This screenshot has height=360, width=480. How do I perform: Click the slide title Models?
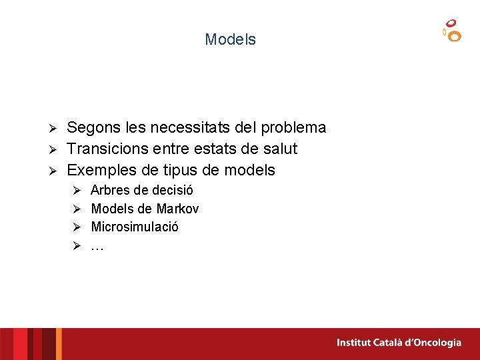point(230,39)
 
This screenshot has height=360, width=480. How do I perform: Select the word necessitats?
point(193,127)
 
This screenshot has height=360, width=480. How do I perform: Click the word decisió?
point(173,190)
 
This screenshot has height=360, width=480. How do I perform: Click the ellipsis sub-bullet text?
point(97,246)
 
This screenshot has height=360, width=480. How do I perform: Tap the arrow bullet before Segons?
point(57,128)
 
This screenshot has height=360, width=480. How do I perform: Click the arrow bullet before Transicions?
point(57,149)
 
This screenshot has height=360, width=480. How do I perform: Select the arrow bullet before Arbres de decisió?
point(77,191)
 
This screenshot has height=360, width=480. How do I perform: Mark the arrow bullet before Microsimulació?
point(77,227)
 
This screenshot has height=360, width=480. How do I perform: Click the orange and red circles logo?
point(451,31)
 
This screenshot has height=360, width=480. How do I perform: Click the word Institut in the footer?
point(355,343)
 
